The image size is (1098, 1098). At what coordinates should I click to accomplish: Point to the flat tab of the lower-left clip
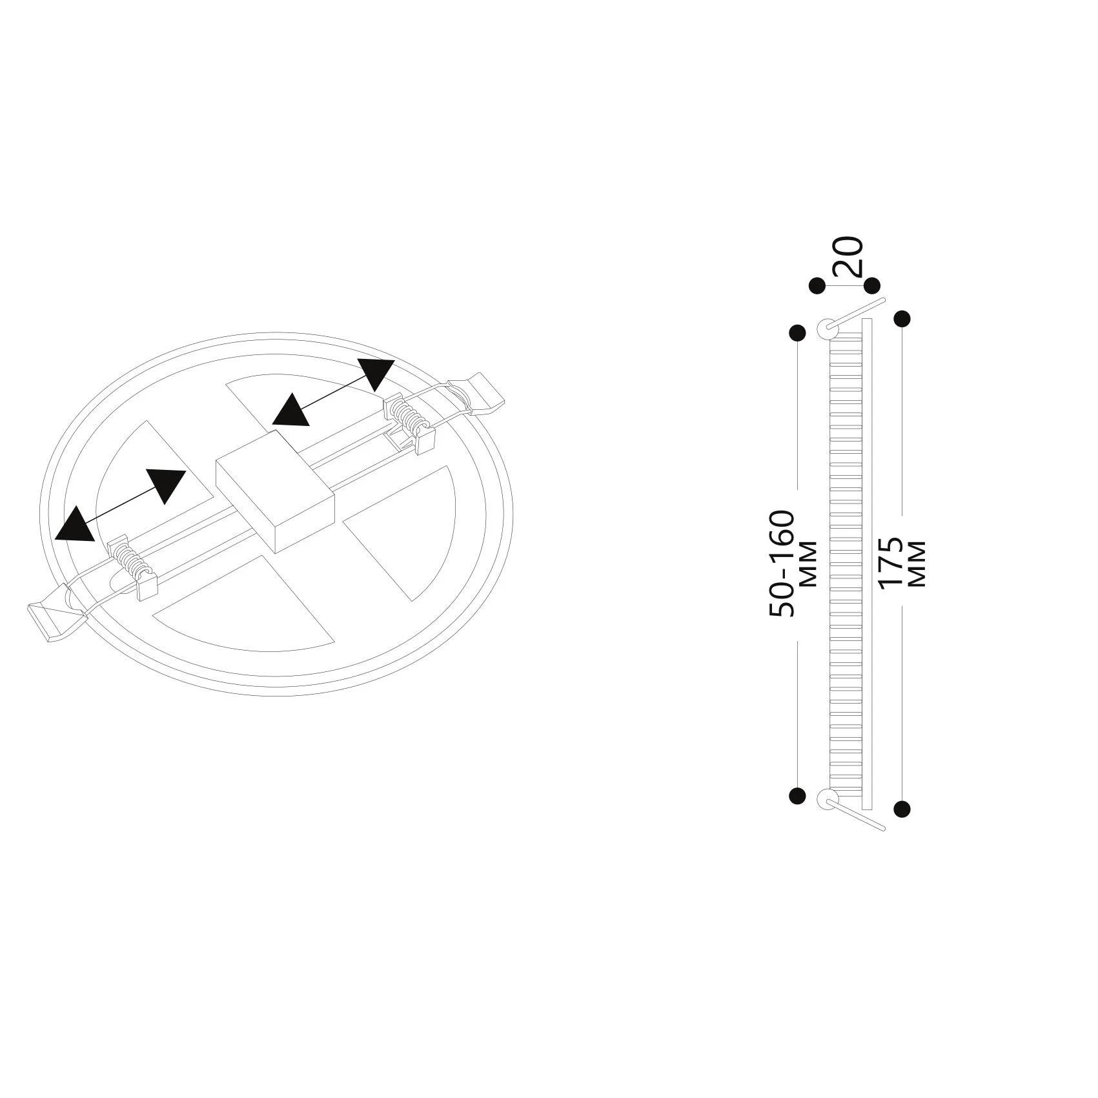pos(56,619)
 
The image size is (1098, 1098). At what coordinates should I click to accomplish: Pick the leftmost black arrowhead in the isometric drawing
pos(75,523)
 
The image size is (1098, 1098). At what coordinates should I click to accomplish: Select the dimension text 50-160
pos(782,564)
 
